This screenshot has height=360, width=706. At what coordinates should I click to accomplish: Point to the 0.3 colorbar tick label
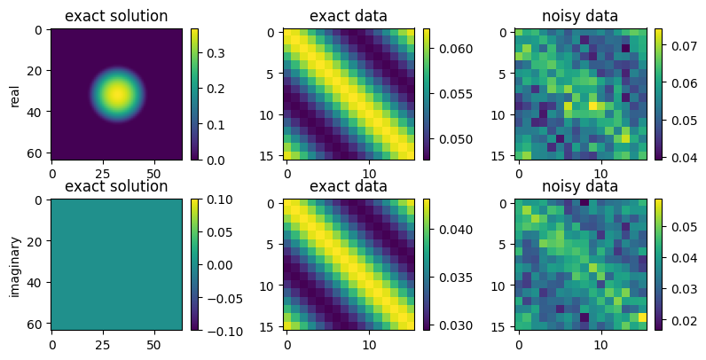[214, 53]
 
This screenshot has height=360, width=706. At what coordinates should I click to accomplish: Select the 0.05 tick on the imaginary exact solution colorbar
[217, 232]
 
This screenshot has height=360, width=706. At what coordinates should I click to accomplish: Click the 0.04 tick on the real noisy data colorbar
[681, 157]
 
